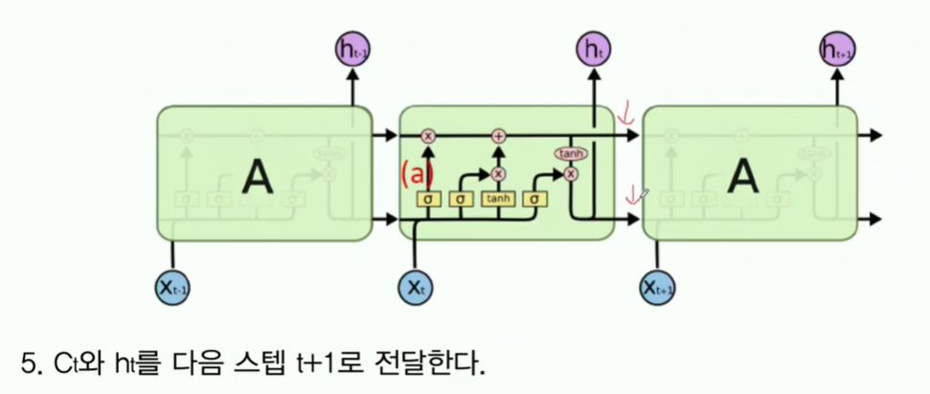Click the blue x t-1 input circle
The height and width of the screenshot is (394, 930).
point(172,286)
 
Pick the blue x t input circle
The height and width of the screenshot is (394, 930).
point(415,286)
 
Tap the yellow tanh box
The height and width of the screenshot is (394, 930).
point(498,199)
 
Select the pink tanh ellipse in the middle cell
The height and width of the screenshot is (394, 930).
point(571,153)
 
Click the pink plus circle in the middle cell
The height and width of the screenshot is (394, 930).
point(498,136)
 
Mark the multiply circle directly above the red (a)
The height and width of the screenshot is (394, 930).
point(428,136)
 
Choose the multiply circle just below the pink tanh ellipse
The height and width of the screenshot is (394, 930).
point(571,173)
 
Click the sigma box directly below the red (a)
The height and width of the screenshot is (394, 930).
point(428,199)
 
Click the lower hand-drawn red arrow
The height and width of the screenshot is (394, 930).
point(632,196)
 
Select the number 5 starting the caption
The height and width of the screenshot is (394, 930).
point(27,362)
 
